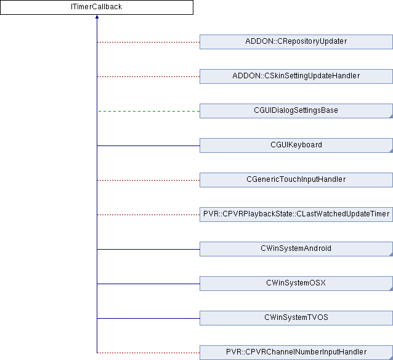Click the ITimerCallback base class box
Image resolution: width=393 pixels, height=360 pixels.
point(97,7)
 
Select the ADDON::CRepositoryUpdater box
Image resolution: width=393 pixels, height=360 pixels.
point(296,42)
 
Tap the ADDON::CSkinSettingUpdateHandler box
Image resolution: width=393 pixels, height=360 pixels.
point(296,76)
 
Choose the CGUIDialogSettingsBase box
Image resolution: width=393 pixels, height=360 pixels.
point(296,111)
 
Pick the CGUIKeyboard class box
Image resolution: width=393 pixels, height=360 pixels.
point(296,145)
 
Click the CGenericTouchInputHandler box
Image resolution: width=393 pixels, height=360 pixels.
point(296,180)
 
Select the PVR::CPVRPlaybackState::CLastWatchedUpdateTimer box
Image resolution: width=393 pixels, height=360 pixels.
point(296,215)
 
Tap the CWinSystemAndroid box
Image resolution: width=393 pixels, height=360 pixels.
point(296,249)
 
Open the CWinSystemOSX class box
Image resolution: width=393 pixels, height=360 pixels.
point(296,284)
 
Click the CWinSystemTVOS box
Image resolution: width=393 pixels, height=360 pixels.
point(296,318)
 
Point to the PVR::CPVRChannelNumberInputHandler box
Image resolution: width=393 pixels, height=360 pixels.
point(296,353)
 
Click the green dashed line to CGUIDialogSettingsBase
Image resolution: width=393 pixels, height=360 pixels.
point(148,111)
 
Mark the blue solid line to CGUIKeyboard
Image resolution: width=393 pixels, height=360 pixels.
point(148,145)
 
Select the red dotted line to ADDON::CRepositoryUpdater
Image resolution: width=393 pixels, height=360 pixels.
point(148,42)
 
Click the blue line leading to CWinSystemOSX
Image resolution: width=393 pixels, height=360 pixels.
point(148,284)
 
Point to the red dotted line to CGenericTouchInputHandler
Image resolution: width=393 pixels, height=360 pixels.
point(148,180)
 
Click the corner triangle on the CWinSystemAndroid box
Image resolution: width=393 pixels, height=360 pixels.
point(390,254)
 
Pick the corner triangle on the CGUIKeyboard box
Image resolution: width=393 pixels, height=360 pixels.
point(390,150)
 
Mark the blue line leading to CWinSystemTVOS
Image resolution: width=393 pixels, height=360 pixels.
point(148,318)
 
